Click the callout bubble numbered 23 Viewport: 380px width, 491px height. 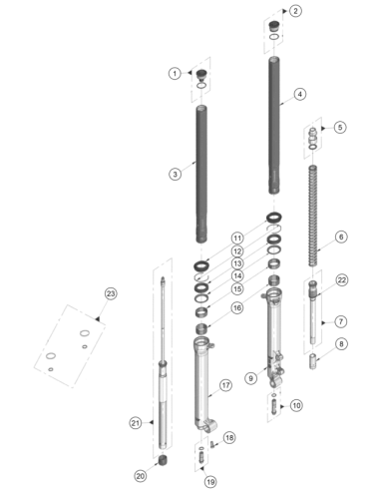click(x=111, y=293)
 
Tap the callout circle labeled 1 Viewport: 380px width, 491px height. click(x=175, y=73)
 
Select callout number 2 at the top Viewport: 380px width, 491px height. click(x=295, y=11)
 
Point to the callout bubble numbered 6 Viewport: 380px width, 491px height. click(x=341, y=238)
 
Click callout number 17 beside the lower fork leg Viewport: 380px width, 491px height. click(x=225, y=385)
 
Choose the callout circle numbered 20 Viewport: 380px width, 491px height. click(x=141, y=476)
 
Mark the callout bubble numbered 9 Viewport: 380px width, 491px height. click(x=250, y=378)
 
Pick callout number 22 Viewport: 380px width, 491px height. click(x=342, y=280)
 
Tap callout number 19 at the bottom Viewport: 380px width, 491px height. click(x=210, y=481)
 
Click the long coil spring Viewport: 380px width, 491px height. click(x=312, y=216)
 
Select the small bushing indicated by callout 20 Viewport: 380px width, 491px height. click(x=163, y=461)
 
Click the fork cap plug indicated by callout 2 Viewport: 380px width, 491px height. click(x=274, y=26)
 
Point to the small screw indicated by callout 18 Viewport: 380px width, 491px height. click(x=211, y=444)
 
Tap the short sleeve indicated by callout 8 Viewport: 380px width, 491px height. click(x=312, y=361)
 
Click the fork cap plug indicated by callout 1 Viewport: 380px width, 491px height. click(x=201, y=75)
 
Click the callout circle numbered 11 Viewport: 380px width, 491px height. click(x=237, y=239)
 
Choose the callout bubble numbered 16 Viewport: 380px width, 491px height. click(x=237, y=308)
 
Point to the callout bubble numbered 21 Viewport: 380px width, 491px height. click(x=136, y=423)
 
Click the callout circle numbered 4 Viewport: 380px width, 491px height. click(x=300, y=94)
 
